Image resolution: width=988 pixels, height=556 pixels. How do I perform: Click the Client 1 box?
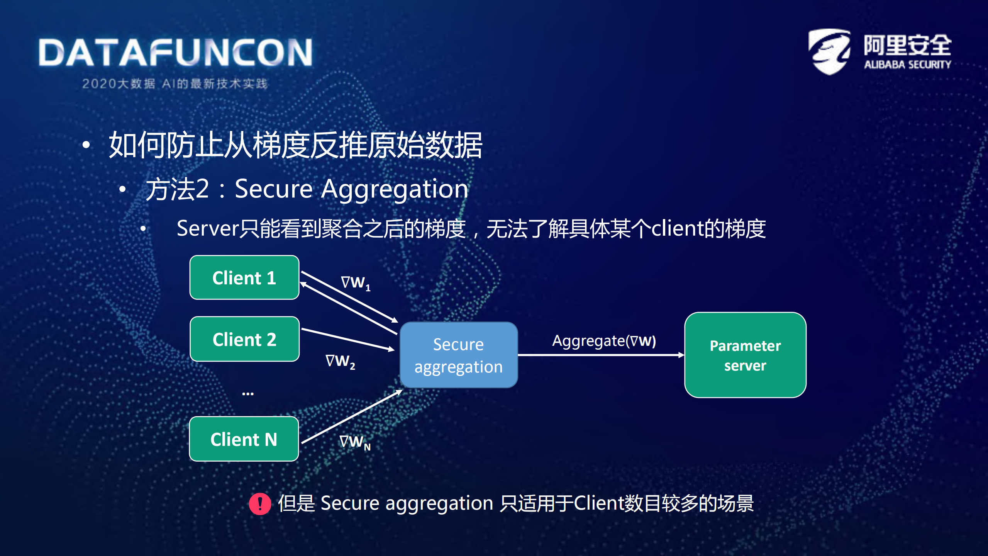(244, 277)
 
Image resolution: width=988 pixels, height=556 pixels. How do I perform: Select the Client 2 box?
(244, 339)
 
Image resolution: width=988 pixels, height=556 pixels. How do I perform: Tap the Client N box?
(244, 439)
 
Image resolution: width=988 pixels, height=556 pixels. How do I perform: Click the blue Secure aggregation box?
(458, 355)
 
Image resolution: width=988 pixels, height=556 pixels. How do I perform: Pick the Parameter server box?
(745, 355)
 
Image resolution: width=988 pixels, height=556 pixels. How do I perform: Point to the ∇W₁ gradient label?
(355, 282)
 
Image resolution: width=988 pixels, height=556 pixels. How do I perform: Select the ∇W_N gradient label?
(354, 442)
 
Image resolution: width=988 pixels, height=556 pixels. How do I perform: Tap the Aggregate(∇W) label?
(603, 340)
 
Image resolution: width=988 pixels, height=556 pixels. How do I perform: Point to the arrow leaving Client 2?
(347, 339)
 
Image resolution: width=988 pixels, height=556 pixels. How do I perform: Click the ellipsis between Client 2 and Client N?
(247, 393)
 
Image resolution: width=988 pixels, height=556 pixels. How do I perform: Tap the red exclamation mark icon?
(260, 503)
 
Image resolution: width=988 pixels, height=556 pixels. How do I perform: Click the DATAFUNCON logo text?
(176, 53)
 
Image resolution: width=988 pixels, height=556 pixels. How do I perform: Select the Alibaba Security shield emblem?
(829, 51)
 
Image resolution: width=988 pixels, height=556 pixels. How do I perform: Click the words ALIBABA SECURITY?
(907, 65)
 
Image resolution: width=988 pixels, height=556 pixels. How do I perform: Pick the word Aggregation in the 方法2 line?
(395, 189)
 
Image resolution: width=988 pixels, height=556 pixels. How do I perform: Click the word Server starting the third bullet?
(208, 228)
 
